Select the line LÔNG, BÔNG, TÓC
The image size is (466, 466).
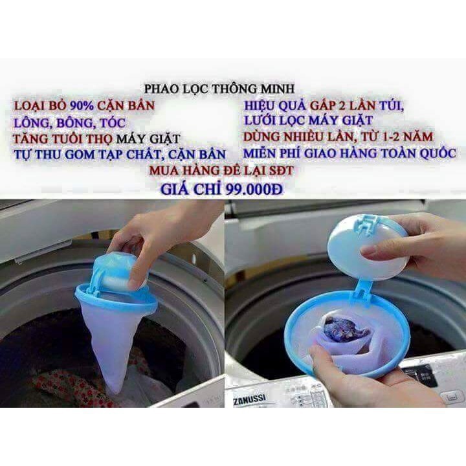click(68, 122)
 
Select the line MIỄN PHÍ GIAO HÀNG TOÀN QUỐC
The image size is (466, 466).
click(350, 154)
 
